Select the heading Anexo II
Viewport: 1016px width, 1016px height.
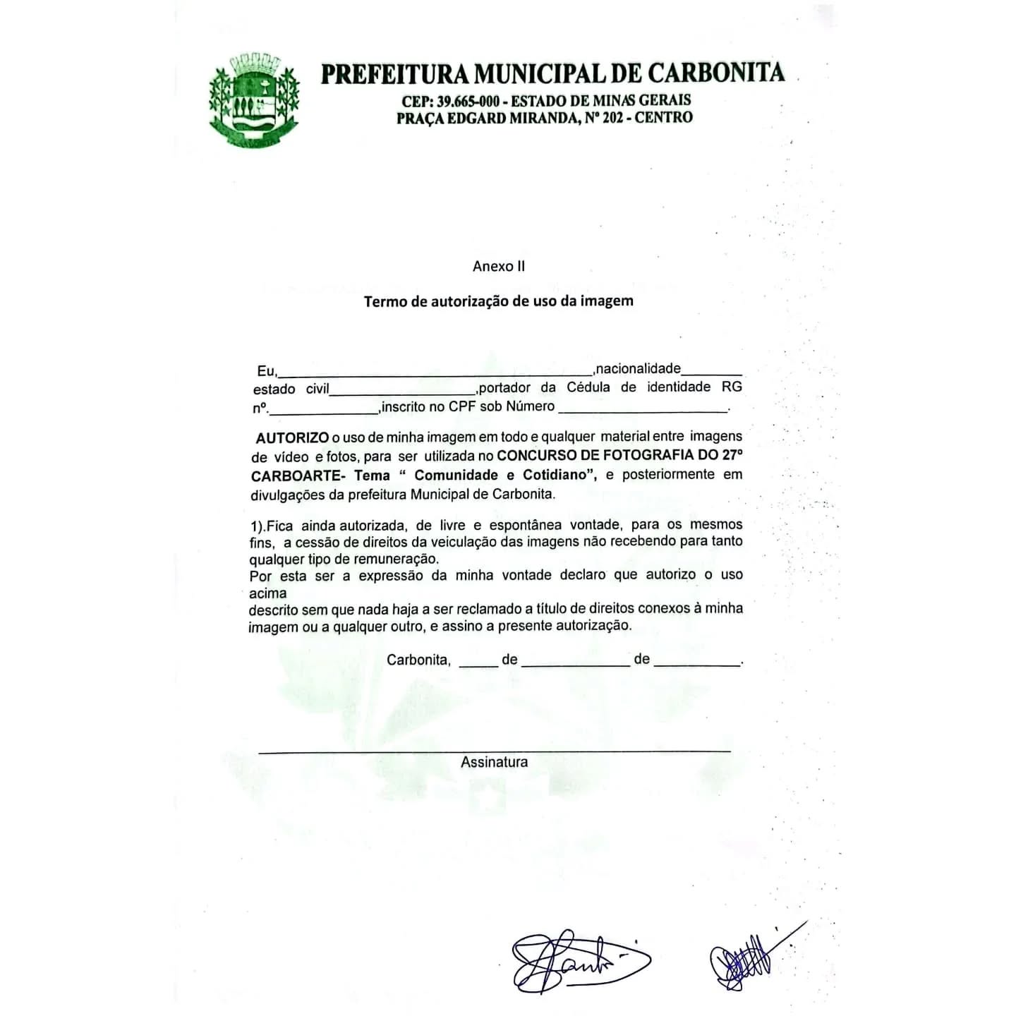(498, 266)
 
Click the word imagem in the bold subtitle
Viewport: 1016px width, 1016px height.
(606, 301)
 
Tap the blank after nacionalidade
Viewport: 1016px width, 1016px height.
(712, 373)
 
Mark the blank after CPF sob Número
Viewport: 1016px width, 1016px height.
(643, 410)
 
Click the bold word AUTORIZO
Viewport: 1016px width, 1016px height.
(292, 437)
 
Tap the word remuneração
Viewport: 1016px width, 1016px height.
(403, 559)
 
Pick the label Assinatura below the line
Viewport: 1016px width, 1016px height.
(494, 762)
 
